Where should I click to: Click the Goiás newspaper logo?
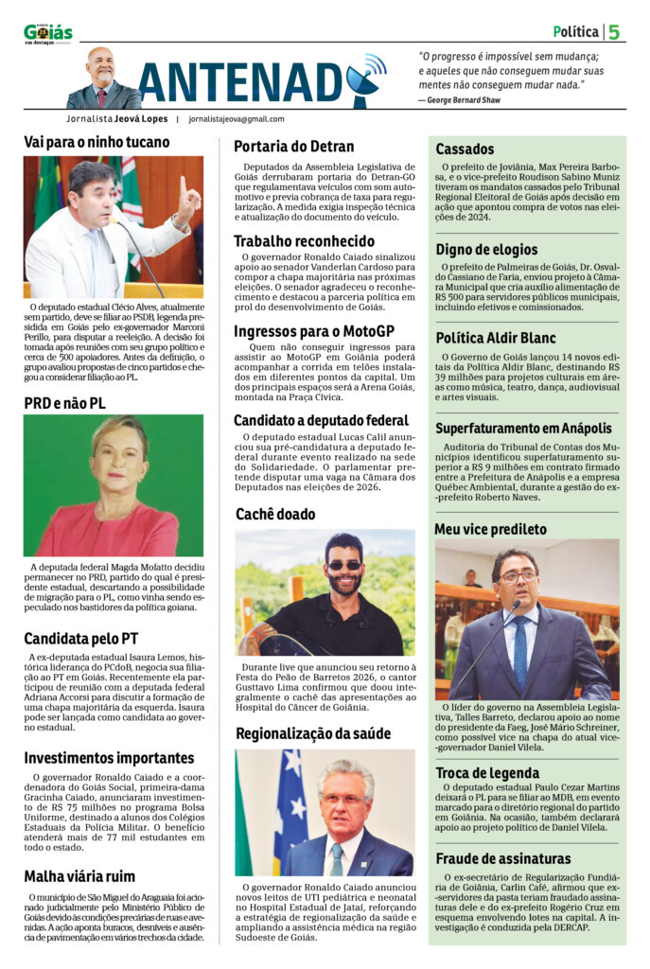[x=47, y=33]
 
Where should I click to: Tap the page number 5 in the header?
[x=614, y=32]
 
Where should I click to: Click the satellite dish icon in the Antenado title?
[x=364, y=79]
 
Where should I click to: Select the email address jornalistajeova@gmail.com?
[x=237, y=119]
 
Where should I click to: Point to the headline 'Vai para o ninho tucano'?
[x=97, y=142]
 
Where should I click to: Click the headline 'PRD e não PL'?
[x=64, y=403]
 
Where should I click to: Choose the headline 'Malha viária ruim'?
[x=79, y=875]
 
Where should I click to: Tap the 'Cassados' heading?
[x=465, y=149]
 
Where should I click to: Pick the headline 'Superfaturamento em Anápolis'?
[x=523, y=428]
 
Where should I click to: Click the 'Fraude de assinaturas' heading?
[x=503, y=858]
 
